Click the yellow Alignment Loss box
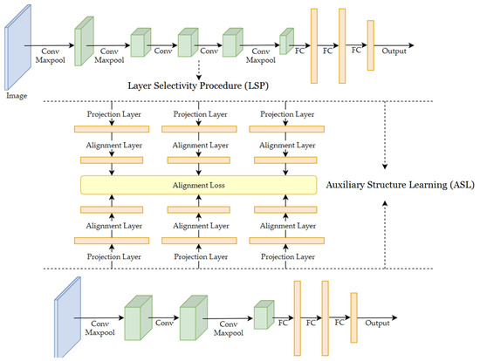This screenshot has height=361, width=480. point(197,184)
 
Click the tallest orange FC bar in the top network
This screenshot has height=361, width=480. point(312,38)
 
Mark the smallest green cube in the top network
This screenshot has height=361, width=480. point(285,41)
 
